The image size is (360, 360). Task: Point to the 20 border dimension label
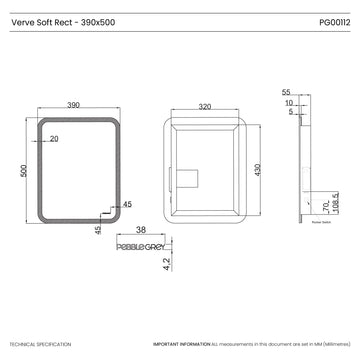click(x=54, y=139)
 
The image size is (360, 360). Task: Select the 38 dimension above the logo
click(x=142, y=230)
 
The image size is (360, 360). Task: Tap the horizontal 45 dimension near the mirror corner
click(x=127, y=204)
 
